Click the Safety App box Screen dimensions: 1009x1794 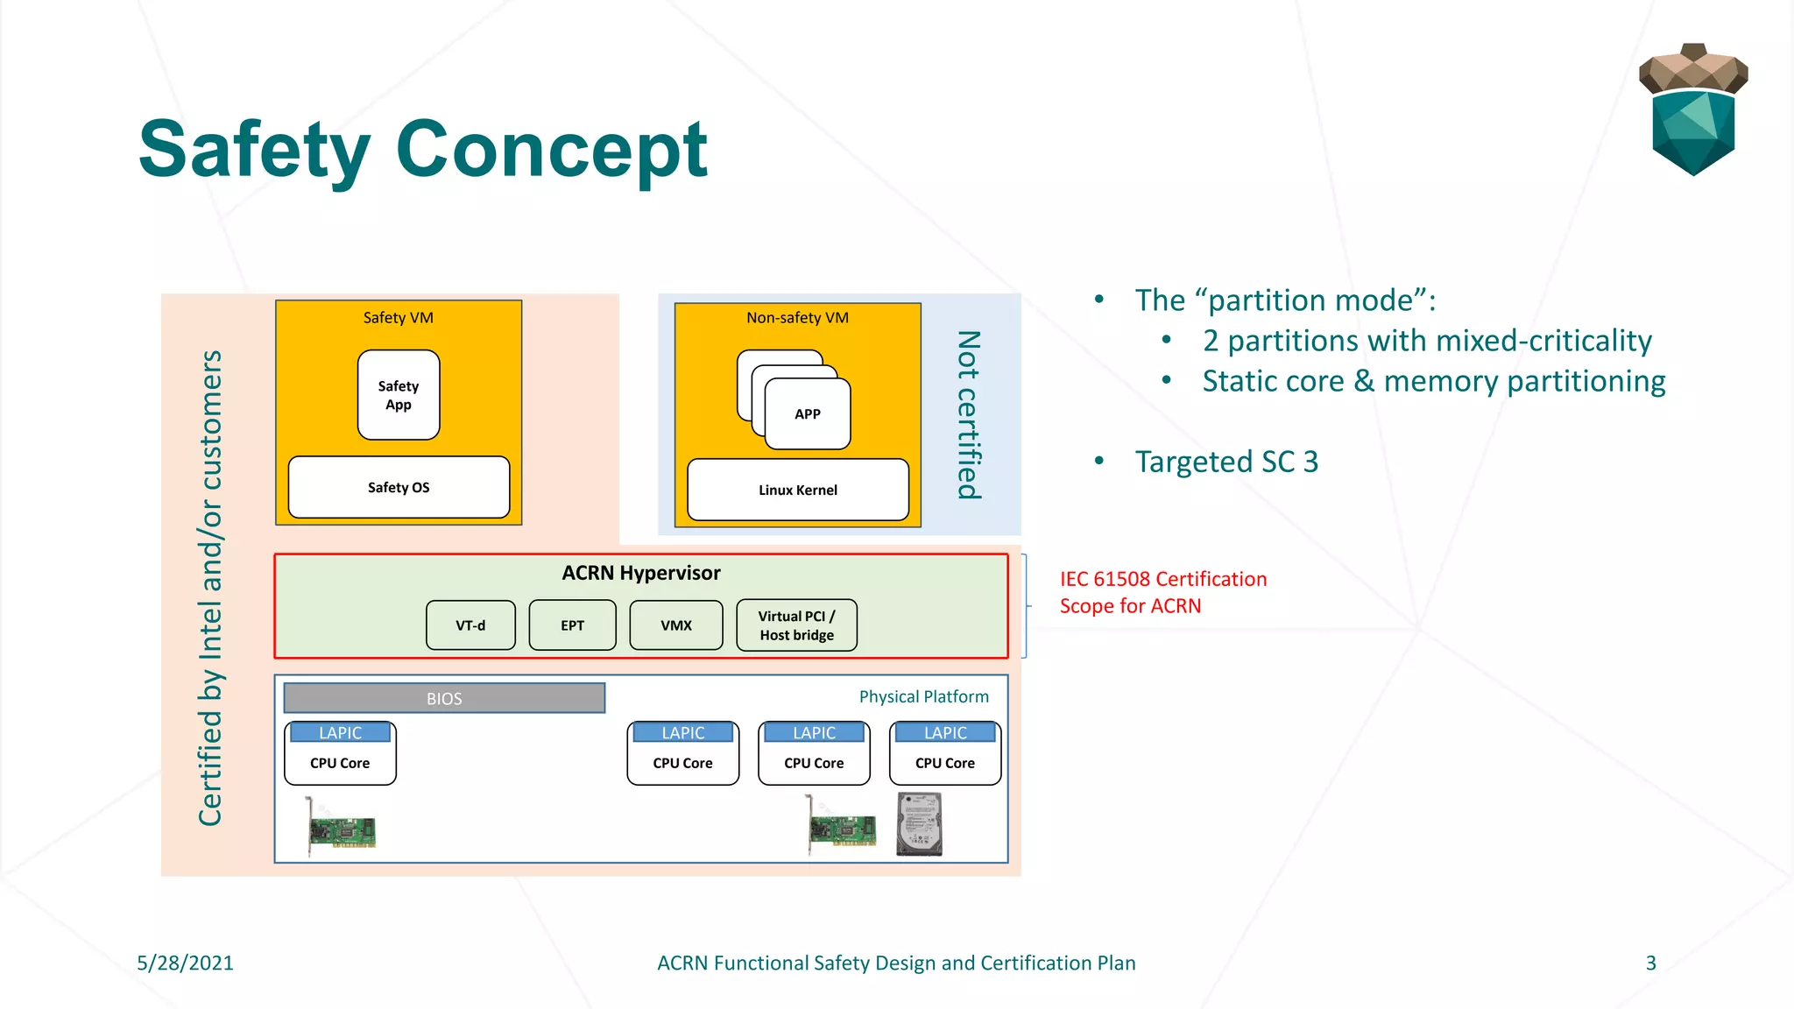point(399,395)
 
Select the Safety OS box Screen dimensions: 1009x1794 point(399,487)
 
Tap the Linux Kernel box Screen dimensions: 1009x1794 point(797,490)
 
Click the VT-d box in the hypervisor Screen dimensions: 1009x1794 point(470,625)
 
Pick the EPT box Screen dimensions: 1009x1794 point(572,625)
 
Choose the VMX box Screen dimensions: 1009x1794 point(675,625)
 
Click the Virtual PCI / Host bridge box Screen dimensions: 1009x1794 point(796,625)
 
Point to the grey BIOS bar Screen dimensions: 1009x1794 point(444,698)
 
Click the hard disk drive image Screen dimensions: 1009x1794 point(919,824)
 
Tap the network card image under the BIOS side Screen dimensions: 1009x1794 point(342,828)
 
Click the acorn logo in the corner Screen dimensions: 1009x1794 point(1692,109)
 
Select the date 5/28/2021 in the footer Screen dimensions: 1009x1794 point(185,963)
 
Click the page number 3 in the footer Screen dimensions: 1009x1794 point(1650,963)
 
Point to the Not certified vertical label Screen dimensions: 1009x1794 point(968,414)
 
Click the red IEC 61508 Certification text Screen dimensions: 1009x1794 point(1162,579)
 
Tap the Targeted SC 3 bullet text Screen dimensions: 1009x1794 point(1225,462)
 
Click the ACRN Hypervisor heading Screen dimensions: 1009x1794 point(640,573)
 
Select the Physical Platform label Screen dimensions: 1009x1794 point(923,696)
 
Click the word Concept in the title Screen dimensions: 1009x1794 point(552,151)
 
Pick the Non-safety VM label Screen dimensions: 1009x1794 point(797,318)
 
